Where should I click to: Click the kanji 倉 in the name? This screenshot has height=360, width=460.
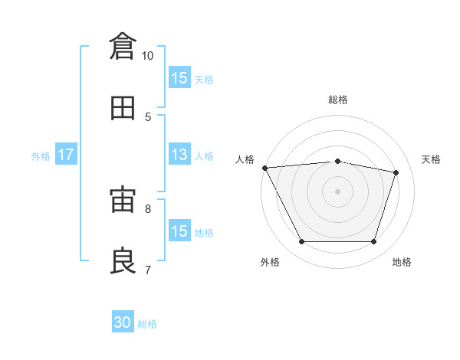click(123, 46)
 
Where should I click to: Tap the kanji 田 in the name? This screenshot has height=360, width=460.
click(123, 108)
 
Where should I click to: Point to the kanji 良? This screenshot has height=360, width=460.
click(123, 260)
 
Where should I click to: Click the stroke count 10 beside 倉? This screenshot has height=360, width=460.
click(147, 56)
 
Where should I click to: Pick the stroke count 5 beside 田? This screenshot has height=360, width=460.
click(148, 117)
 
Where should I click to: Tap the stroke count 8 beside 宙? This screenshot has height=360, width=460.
click(148, 209)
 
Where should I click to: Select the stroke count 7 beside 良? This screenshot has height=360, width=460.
click(148, 270)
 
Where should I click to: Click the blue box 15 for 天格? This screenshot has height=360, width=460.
click(179, 77)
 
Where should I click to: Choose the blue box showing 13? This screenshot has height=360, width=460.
click(179, 154)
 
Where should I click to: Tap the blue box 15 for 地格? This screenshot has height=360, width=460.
click(179, 230)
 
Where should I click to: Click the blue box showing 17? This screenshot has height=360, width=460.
click(66, 154)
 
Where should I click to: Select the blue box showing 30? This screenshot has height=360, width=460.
click(123, 321)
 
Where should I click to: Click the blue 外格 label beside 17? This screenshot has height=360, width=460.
click(41, 156)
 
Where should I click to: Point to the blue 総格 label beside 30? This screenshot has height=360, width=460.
click(147, 324)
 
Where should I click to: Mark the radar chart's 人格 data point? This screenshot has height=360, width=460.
click(265, 168)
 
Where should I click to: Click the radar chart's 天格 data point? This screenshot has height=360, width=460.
click(396, 172)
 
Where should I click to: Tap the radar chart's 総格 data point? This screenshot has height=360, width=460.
click(337, 162)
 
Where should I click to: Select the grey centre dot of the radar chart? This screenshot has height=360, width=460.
click(337, 191)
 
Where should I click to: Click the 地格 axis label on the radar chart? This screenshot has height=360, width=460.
click(402, 262)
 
